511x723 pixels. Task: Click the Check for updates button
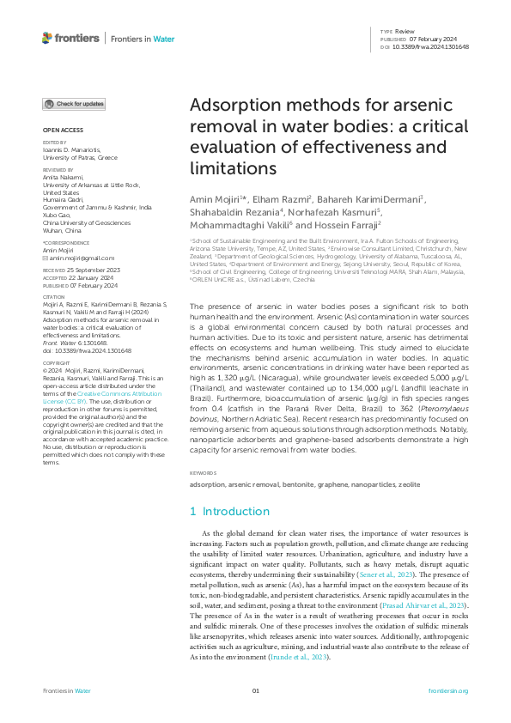tap(75, 104)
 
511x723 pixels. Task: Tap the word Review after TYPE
tap(405, 32)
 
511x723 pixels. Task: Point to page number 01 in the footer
tap(255, 690)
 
